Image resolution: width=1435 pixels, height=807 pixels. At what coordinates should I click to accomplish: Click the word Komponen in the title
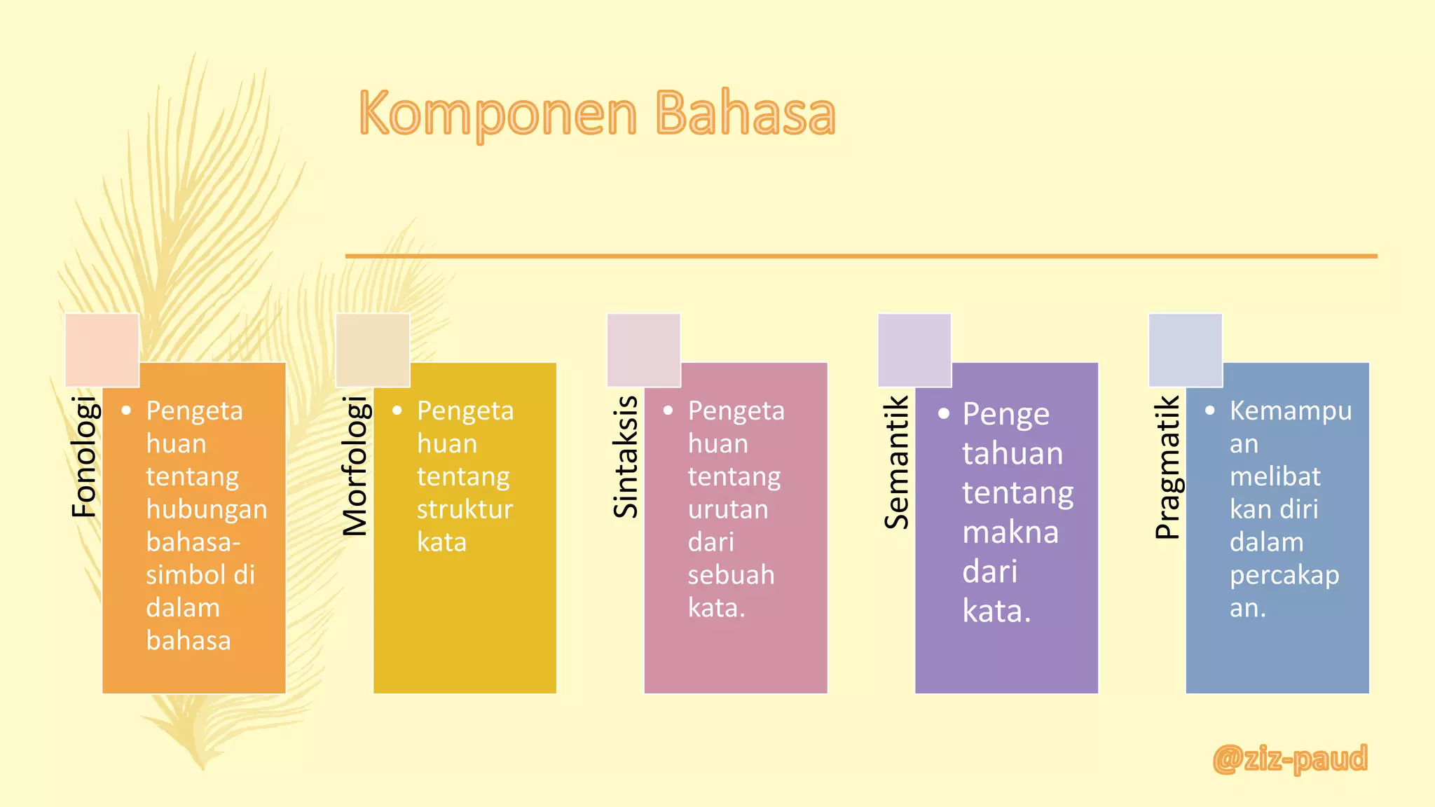coord(498,114)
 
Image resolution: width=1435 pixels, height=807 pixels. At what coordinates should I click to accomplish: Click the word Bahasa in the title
coord(746,114)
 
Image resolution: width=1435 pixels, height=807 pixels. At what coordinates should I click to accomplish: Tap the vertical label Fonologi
coord(84,457)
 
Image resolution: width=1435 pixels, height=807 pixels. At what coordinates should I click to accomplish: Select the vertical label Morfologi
coord(355,466)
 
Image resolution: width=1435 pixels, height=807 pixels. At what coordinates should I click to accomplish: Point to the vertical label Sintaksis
coord(626,457)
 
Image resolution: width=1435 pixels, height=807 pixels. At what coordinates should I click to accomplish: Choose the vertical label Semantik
coord(897,462)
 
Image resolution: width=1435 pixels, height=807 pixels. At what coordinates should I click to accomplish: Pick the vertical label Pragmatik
coord(1167,467)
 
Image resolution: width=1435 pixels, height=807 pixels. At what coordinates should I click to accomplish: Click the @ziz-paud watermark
coord(1290,759)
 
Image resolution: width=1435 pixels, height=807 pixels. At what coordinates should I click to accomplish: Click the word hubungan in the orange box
coord(207,510)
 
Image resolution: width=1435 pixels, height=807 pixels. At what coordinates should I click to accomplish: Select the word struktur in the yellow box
coord(465,509)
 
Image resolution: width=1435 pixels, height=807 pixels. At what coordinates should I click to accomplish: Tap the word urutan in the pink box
coord(728,509)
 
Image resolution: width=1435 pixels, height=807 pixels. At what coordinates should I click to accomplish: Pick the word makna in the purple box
coord(1010,532)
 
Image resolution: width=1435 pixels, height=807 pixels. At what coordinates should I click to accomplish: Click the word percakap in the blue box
coord(1284,576)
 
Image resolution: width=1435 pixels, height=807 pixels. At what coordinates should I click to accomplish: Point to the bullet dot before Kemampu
coord(1210,411)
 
